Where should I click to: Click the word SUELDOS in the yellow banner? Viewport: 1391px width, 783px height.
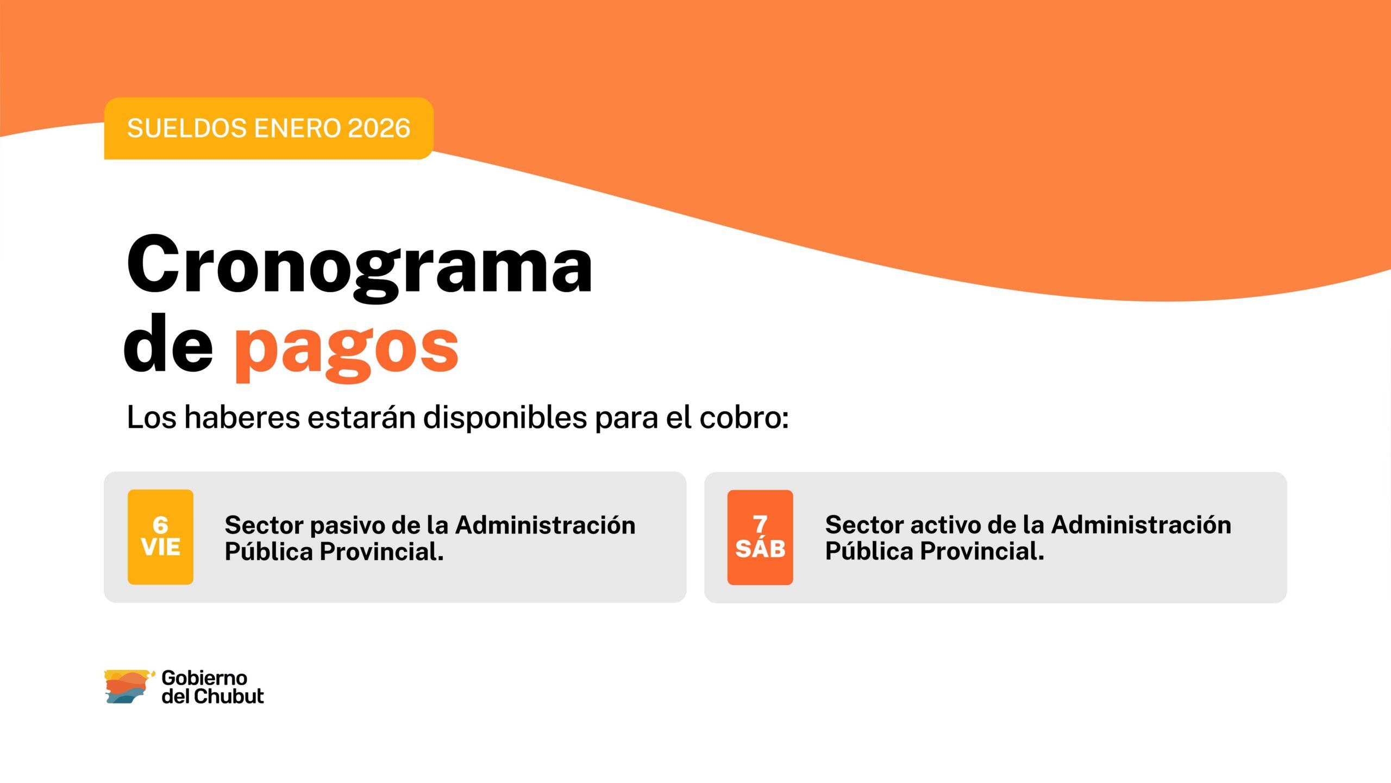[187, 128]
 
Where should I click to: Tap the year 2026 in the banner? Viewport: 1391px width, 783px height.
[379, 128]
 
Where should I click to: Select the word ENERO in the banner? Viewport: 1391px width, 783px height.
[297, 128]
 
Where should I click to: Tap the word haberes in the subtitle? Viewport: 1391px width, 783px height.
[242, 417]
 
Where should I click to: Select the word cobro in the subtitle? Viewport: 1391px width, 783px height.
[744, 417]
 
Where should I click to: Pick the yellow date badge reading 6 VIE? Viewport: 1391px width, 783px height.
[160, 537]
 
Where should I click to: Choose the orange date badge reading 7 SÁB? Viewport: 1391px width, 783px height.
[760, 537]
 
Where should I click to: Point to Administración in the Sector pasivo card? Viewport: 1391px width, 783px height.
[546, 525]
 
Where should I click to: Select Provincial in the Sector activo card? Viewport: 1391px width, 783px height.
[982, 551]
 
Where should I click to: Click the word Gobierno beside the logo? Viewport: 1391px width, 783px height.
[204, 678]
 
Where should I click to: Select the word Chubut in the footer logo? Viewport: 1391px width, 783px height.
[229, 696]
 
